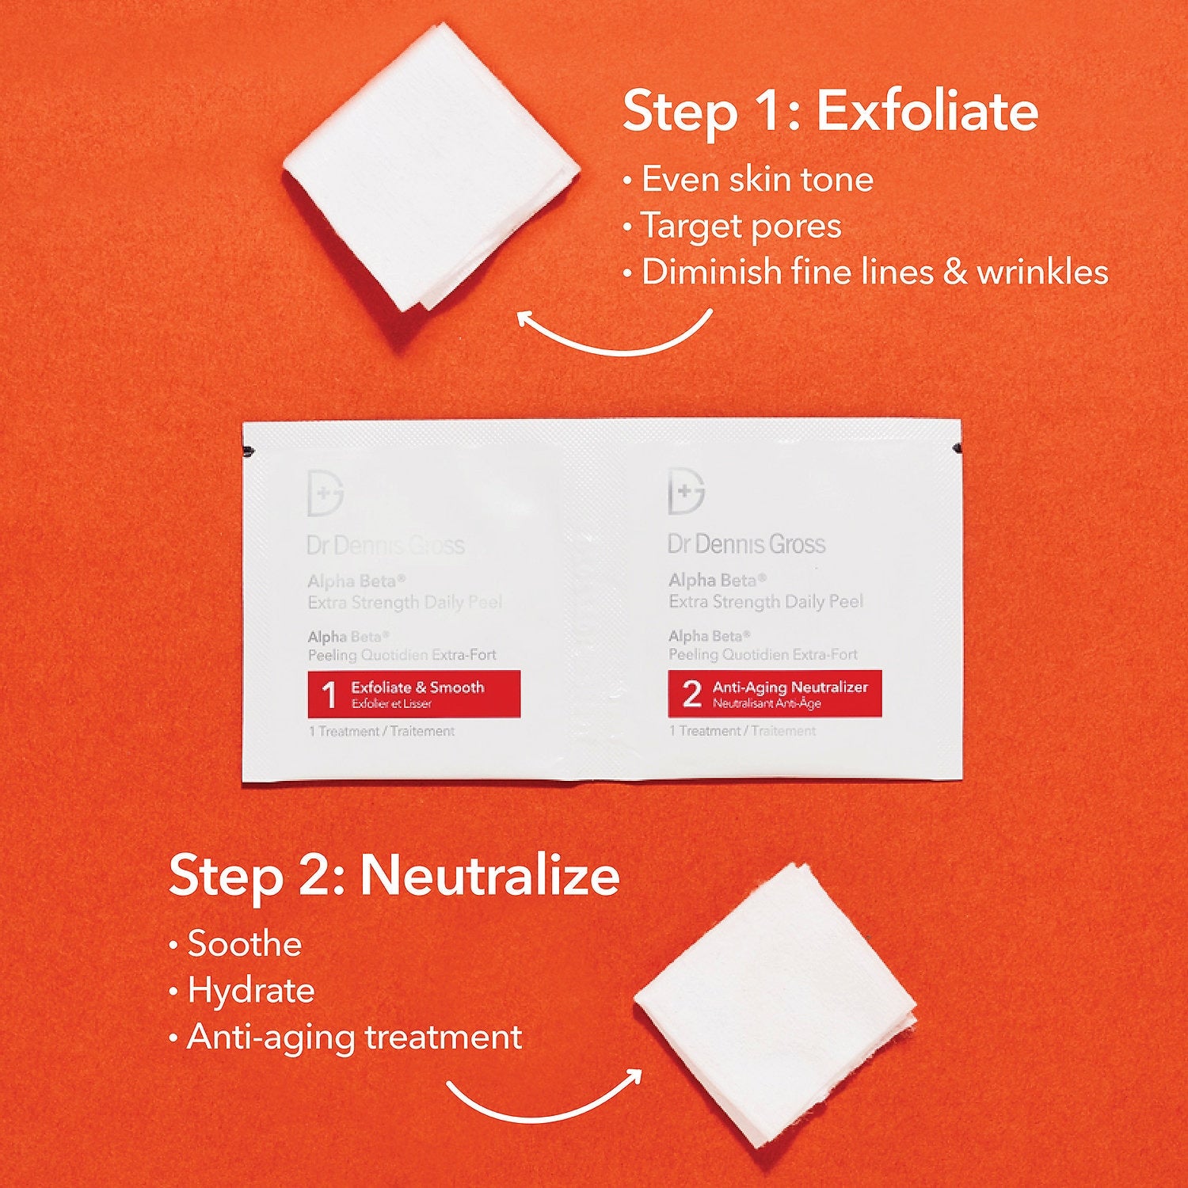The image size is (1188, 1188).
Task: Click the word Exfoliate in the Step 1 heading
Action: pos(927,112)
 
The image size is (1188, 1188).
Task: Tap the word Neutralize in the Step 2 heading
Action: pos(489,876)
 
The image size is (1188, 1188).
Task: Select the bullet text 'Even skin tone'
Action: pos(756,180)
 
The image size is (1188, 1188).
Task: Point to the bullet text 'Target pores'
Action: pos(741,227)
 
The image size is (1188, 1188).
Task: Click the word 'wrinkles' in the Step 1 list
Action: pos(1041,272)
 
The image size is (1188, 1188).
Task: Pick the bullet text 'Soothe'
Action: pos(244,944)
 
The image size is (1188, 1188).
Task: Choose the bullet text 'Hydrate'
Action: pos(250,991)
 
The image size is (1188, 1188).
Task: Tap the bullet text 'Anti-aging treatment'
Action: pos(354,1038)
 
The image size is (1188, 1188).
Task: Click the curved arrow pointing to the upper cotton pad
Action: pos(614,337)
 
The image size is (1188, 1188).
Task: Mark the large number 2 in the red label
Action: pos(691,694)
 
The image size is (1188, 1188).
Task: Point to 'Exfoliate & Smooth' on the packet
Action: pos(417,687)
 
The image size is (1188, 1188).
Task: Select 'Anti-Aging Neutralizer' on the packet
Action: pos(790,687)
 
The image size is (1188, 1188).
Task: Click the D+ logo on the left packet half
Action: pos(325,492)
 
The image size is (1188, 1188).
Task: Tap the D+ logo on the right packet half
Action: pos(686,491)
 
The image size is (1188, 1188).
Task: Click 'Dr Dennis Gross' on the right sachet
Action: pos(746,544)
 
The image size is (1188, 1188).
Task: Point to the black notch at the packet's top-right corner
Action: pos(956,450)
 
